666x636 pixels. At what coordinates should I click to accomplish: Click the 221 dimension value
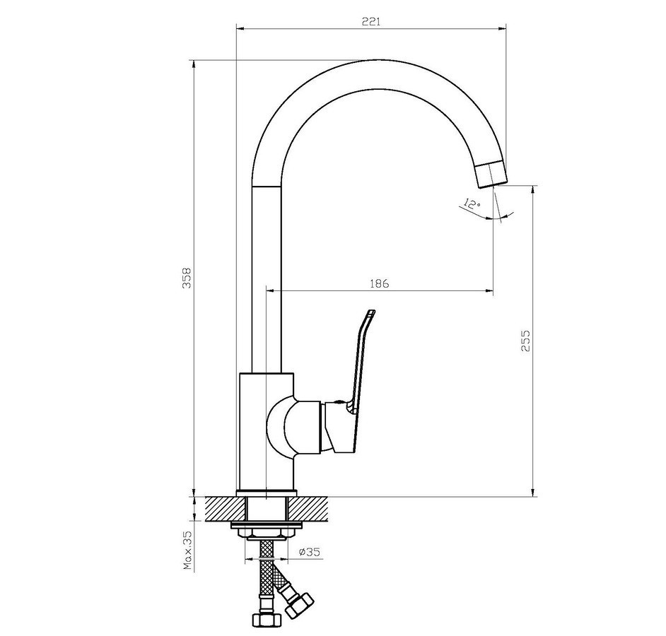coord(370,21)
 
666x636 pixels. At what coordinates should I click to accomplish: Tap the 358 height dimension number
coord(187,278)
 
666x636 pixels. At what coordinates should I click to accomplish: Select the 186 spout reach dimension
coord(379,283)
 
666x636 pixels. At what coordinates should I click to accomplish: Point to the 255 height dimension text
coord(525,341)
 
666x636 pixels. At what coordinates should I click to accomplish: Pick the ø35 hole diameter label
coord(309,552)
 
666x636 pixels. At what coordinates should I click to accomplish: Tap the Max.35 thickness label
coord(187,551)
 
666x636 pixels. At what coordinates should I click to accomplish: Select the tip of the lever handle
coord(370,313)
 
